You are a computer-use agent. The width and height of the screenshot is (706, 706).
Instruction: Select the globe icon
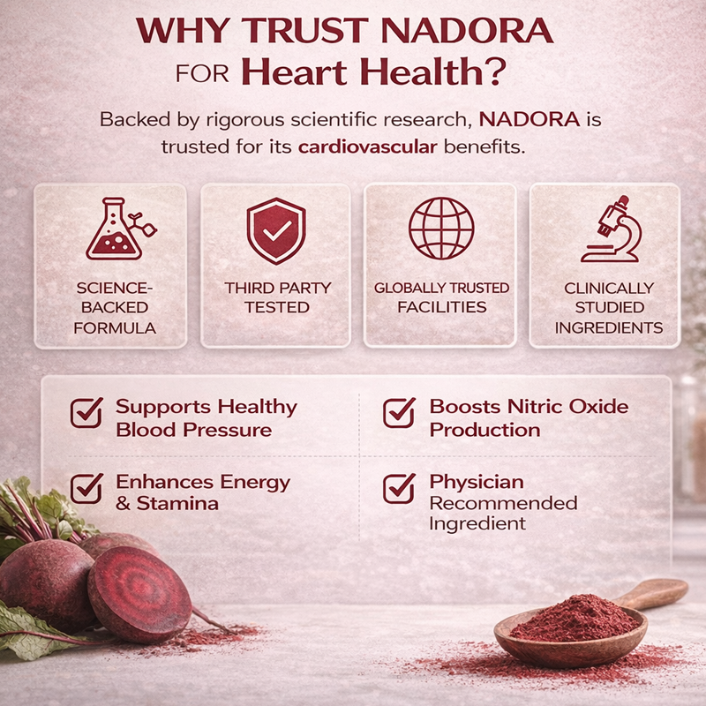click(441, 228)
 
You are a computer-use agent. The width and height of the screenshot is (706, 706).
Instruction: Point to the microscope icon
click(609, 229)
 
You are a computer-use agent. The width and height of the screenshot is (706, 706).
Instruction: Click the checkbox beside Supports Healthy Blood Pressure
click(86, 412)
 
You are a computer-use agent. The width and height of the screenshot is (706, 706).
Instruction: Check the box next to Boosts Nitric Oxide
click(399, 412)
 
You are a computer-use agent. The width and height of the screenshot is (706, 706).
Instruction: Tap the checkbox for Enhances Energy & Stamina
click(86, 487)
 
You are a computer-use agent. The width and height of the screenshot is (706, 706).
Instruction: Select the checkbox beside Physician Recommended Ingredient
click(399, 487)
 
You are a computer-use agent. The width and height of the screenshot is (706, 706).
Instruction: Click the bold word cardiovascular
click(367, 146)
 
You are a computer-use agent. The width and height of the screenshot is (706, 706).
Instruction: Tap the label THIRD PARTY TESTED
click(276, 298)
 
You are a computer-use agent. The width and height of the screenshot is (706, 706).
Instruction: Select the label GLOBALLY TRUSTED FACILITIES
click(441, 298)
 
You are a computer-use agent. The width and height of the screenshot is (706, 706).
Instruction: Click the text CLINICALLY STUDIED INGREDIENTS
click(609, 308)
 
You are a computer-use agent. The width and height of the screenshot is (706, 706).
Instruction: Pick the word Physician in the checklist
click(476, 482)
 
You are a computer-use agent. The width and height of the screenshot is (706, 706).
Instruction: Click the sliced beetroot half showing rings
click(139, 594)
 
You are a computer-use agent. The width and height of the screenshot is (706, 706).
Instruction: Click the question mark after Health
click(499, 72)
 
